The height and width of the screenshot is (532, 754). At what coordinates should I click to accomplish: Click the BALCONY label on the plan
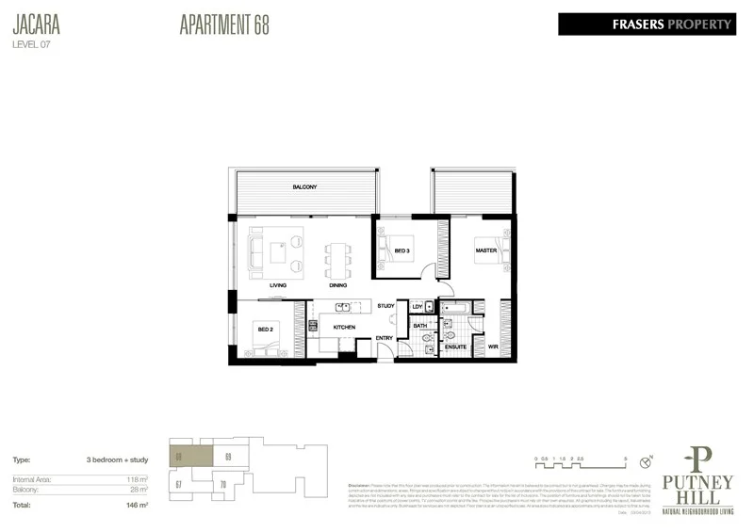pos(303,187)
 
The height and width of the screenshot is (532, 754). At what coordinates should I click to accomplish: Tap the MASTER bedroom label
pos(485,250)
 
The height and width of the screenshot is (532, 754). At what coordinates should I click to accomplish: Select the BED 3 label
pos(402,250)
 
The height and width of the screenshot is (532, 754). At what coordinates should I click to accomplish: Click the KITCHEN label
pos(344,327)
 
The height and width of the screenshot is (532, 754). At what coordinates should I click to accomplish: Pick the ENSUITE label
pos(455,347)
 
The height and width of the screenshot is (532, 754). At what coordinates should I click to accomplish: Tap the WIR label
pos(492,347)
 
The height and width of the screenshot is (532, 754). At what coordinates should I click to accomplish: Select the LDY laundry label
pos(417,307)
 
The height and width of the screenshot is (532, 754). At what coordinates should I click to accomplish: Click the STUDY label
pos(385,306)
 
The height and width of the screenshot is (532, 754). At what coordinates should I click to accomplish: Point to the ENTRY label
pos(385,337)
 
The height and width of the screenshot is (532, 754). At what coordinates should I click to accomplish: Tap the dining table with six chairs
pos(336,254)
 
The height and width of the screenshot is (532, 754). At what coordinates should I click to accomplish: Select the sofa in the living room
pos(255,252)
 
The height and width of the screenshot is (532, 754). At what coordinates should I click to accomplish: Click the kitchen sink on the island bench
pos(345,306)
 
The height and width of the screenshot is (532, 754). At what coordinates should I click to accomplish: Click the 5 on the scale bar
pos(626,459)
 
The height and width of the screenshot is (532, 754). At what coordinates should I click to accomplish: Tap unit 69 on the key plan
pos(229,457)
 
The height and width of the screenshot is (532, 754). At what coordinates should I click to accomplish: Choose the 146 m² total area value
pos(139,506)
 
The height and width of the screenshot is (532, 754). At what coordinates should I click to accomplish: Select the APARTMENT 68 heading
pos(223,25)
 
